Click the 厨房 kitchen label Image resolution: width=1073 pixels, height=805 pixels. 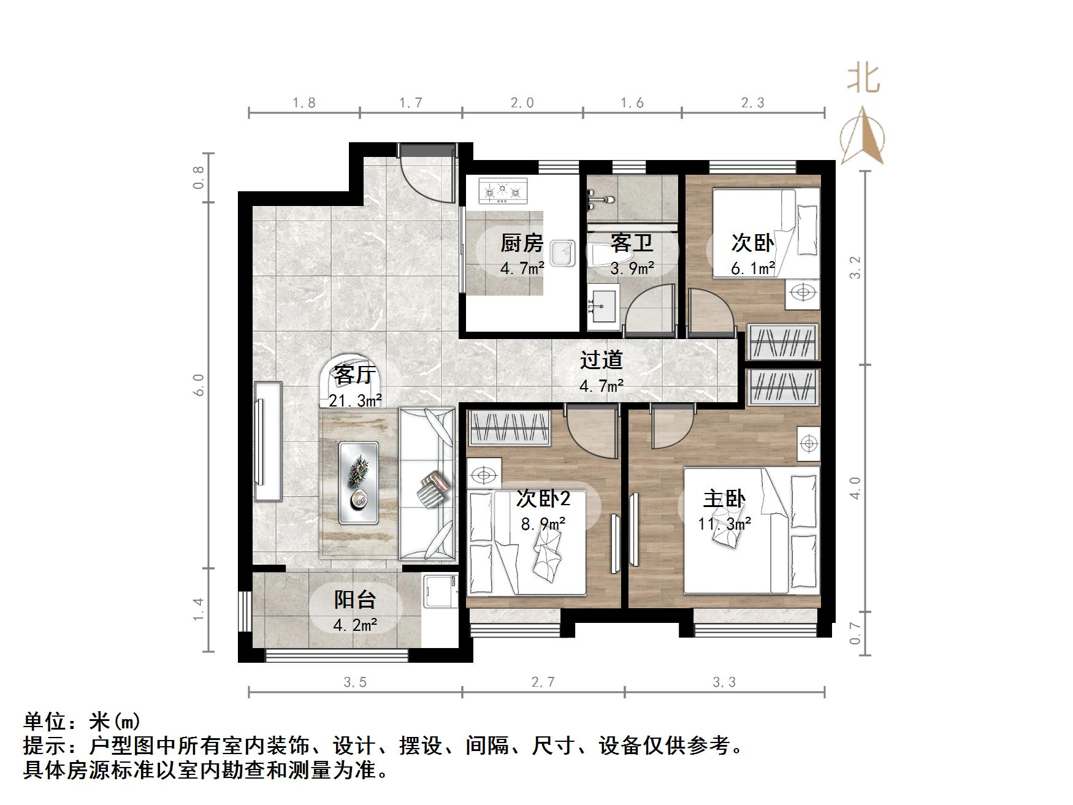coord(522,243)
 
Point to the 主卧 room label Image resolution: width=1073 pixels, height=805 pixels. coord(724,498)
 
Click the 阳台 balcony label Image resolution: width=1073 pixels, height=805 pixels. coord(354,599)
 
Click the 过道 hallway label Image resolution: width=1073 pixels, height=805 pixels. coord(601,359)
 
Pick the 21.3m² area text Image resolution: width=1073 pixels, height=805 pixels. coord(356,400)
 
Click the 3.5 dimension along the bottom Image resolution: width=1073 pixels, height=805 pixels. coord(355,682)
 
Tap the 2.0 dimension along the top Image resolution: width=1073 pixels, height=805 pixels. coord(522,103)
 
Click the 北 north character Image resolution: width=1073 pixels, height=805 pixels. coord(864,79)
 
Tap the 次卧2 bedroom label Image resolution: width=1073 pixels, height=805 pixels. coord(543,498)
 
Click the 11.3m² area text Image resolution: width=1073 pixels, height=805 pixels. coord(725,524)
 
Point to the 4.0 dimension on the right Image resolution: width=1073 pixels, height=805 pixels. coord(855,488)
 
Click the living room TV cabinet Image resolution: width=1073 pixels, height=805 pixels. coord(268,442)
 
